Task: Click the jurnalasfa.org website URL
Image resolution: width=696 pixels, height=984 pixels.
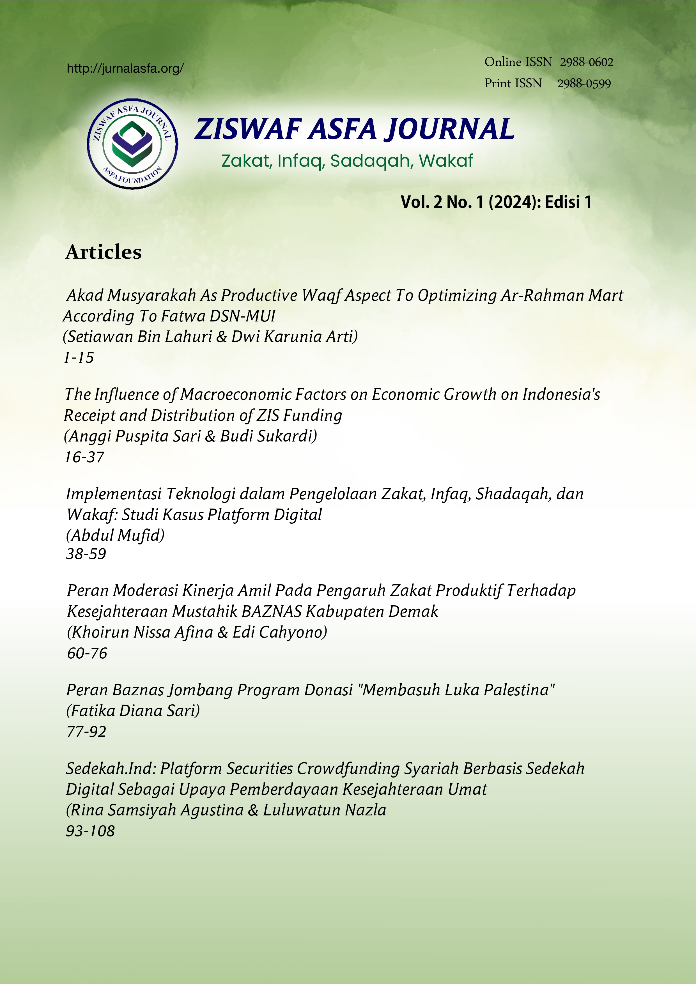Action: (x=125, y=68)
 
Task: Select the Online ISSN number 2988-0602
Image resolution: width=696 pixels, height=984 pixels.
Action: (x=586, y=63)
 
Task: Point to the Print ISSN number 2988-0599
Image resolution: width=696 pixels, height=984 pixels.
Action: (x=584, y=84)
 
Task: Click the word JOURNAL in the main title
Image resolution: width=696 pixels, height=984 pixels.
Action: (x=449, y=129)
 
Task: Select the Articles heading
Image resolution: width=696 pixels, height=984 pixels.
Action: (x=103, y=252)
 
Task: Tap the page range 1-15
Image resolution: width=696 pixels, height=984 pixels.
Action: (x=79, y=357)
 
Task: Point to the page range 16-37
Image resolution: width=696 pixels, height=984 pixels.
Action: (x=84, y=457)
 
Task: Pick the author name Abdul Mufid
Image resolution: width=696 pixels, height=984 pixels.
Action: (x=115, y=535)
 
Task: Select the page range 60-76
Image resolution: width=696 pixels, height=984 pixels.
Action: (x=87, y=653)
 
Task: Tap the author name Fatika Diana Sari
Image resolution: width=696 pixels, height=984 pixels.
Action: (x=133, y=711)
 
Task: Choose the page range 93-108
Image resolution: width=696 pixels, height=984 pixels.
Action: (x=90, y=831)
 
